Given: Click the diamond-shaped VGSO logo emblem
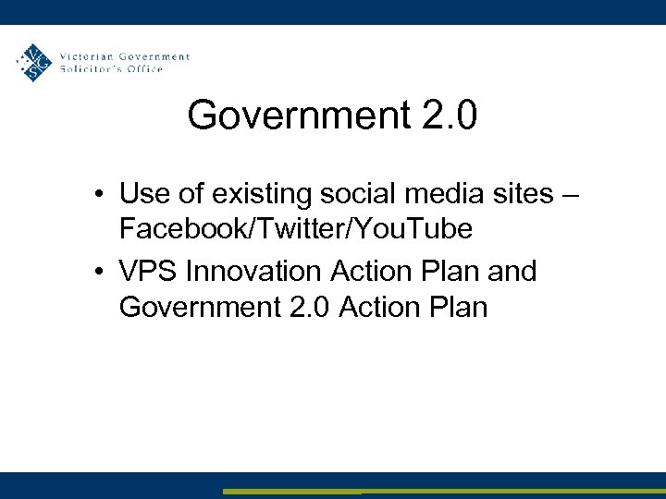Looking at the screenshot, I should click(35, 62).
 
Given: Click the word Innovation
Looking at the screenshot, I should click(252, 272).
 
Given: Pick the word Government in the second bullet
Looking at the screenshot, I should click(195, 305).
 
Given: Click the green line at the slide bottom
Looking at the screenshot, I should click(444, 492).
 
